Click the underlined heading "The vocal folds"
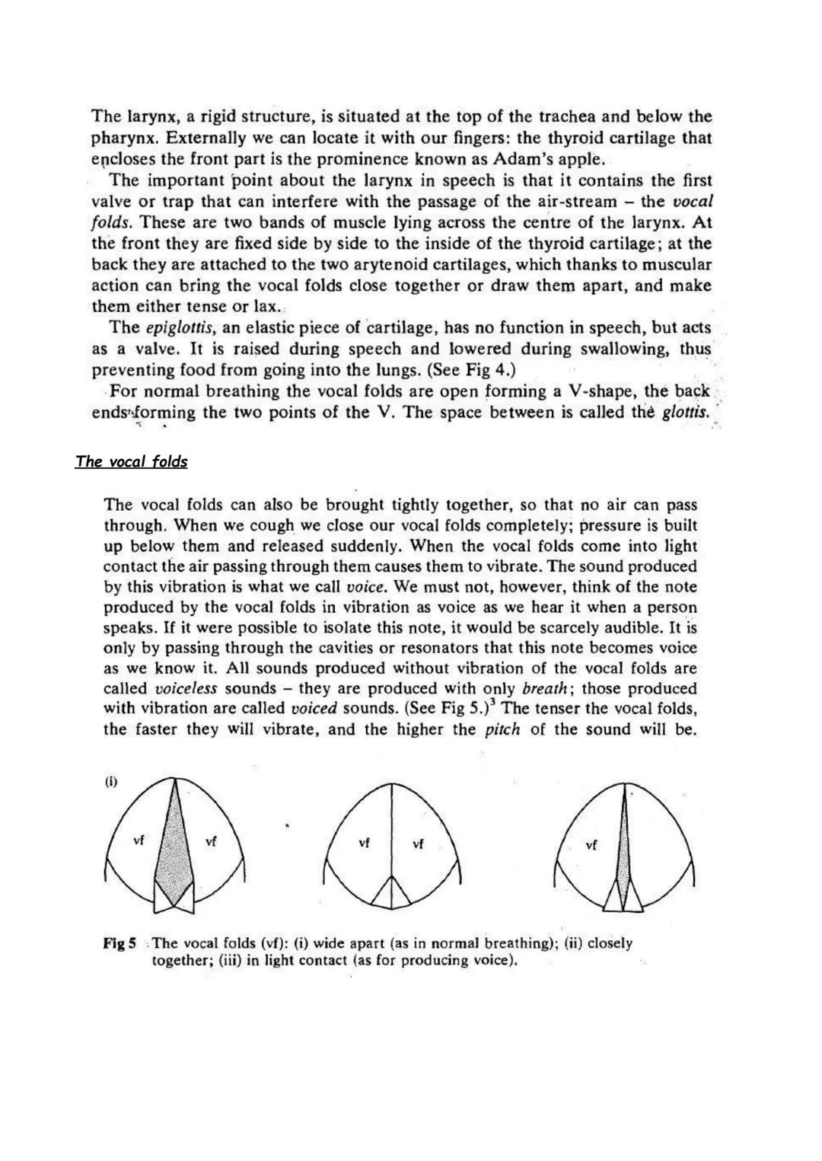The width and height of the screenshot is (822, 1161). [131, 461]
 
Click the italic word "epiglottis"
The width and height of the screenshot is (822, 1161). [180, 328]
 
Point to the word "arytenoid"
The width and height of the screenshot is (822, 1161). [443, 265]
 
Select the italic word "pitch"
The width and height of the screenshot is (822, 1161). [502, 730]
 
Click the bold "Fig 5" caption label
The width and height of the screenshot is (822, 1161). [119, 943]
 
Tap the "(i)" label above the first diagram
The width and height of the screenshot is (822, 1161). [111, 782]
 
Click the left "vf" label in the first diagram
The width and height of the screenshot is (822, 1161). [139, 841]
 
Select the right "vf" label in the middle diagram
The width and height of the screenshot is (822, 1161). [418, 844]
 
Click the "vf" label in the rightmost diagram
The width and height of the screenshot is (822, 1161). [591, 844]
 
